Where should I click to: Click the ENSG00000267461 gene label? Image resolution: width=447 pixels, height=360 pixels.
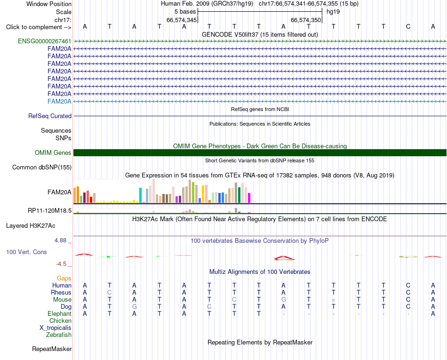coord(45,41)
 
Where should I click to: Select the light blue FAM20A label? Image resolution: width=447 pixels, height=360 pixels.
coord(59,102)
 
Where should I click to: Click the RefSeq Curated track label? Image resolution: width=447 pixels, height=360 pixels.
coord(50,116)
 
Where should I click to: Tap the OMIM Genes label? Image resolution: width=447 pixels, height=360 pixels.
coord(53,153)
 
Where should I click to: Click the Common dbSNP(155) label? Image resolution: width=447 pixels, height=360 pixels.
coord(42,168)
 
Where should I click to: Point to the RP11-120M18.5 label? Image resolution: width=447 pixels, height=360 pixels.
coord(49,211)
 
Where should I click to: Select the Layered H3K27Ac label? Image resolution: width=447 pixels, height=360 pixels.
coord(31,226)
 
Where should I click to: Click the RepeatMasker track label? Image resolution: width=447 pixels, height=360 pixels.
coord(52,349)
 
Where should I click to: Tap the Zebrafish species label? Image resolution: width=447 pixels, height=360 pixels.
coord(59,335)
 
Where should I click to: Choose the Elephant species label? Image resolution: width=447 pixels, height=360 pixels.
coord(60,313)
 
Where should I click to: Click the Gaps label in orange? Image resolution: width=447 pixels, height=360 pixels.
coord(64,278)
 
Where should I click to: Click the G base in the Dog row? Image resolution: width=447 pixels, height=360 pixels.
coord(134,307)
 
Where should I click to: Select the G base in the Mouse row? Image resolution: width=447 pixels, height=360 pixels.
coord(283,300)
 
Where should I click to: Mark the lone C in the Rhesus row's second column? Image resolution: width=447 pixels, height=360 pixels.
coord(110,292)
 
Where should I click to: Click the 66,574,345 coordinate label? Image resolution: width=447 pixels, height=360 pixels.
coord(182,20)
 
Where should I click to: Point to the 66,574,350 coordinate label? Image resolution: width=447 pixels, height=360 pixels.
coord(306,20)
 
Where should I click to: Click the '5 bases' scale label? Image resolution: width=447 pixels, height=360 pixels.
coord(185,12)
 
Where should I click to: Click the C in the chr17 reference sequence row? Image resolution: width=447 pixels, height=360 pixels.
coord(408,26)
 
